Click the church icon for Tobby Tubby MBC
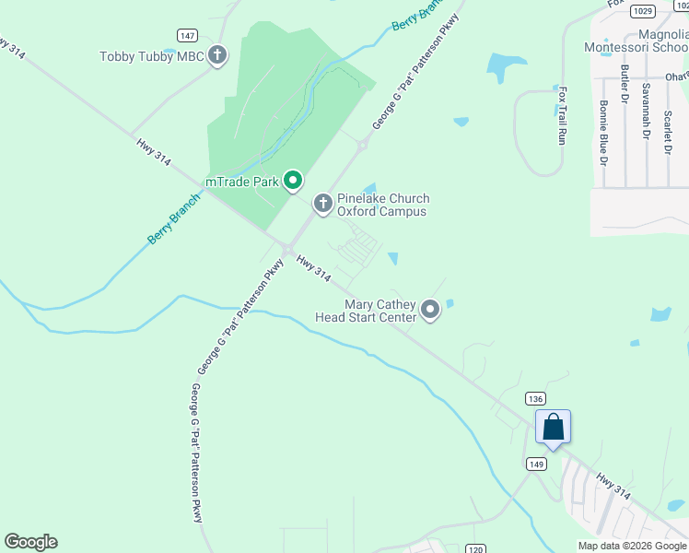[217, 56]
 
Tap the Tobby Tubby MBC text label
[151, 57]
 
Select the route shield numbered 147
[188, 35]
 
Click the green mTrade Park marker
[293, 181]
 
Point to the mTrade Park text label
[241, 182]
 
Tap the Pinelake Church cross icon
[322, 204]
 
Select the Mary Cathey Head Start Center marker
[430, 311]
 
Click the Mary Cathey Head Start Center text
[380, 311]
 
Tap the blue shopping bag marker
[553, 428]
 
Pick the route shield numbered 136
[535, 398]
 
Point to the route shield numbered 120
[475, 548]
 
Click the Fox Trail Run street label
[561, 115]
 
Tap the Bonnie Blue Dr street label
[604, 133]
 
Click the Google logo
[30, 542]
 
